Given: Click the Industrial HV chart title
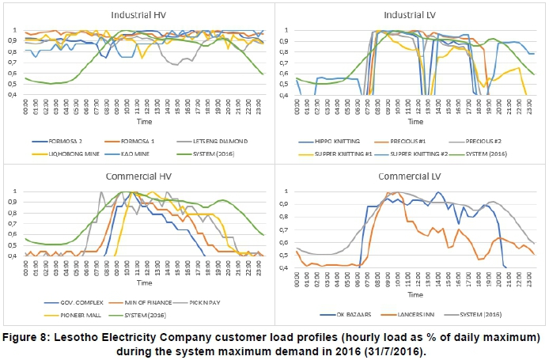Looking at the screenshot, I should click(133, 14).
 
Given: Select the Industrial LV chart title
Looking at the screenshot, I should click(411, 14).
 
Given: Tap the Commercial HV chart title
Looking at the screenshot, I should click(133, 175).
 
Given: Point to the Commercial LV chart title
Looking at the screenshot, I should click(411, 175).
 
